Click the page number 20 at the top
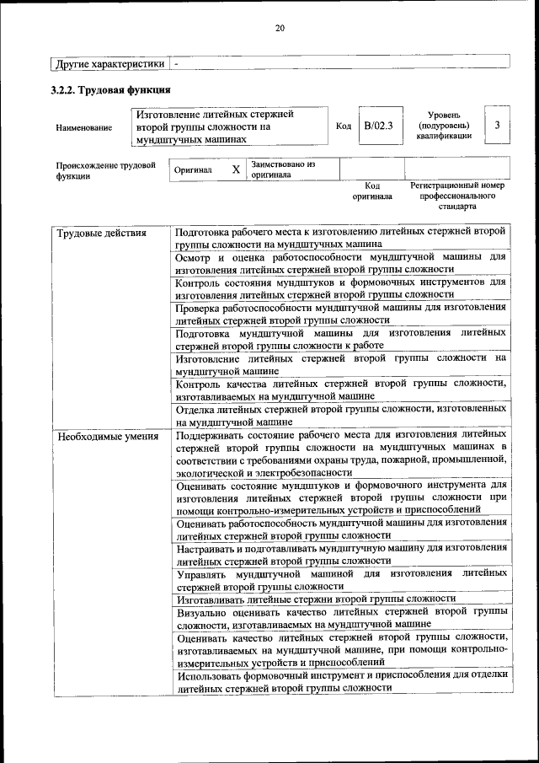click(280, 29)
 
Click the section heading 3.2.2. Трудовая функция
click(111, 89)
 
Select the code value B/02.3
click(378, 126)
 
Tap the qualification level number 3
click(497, 126)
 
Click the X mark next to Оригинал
click(236, 170)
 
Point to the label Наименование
click(83, 127)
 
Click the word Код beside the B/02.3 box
click(344, 126)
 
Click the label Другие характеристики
click(109, 62)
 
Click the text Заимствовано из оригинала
click(282, 170)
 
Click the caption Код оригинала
click(372, 191)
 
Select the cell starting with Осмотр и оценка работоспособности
click(340, 262)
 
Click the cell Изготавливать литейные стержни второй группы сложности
click(316, 599)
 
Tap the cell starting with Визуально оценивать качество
click(340, 618)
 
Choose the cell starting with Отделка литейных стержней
click(340, 415)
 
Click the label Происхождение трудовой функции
click(106, 171)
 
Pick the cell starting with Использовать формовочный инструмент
click(340, 680)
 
